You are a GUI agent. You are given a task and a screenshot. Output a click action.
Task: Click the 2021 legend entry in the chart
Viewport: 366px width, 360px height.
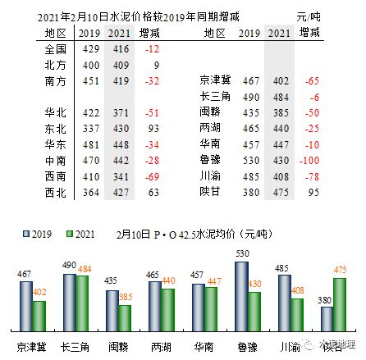coord(68,233)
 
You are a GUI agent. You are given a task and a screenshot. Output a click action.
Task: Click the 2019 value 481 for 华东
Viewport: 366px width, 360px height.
coord(88,143)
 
